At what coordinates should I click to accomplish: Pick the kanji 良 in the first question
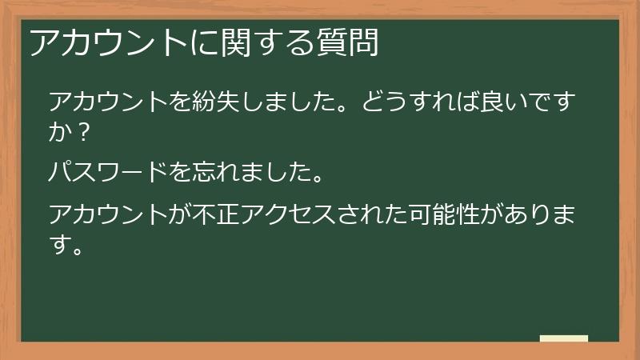click(496, 103)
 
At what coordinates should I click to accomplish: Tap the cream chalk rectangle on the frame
click(564, 339)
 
